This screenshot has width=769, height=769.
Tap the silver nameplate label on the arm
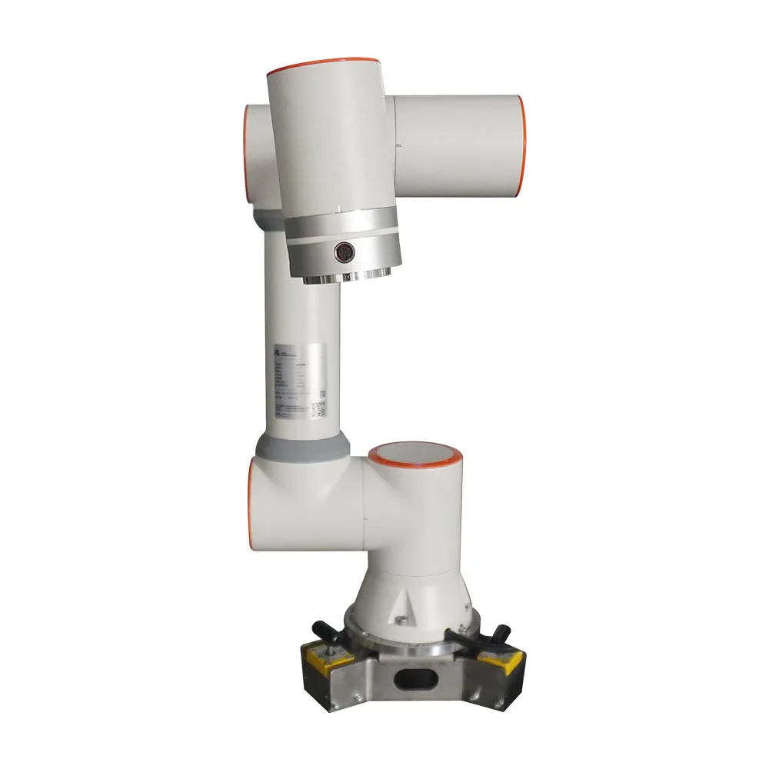click(x=300, y=381)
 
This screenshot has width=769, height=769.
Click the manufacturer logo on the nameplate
click(x=277, y=351)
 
